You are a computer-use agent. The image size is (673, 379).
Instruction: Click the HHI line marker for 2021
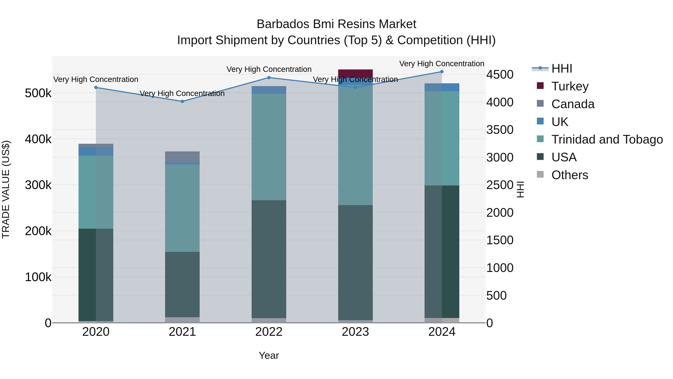(182, 101)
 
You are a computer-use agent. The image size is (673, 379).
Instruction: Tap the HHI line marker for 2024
(442, 72)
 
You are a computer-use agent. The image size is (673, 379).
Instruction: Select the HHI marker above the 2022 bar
(269, 78)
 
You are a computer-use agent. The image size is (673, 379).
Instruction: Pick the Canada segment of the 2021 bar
(182, 156)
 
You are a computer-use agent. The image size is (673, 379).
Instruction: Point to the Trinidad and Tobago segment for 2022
(269, 147)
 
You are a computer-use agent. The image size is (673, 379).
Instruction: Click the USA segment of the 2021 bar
(182, 284)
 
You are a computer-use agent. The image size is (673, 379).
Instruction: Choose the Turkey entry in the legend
(570, 86)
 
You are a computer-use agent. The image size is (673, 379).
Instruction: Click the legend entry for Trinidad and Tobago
(607, 139)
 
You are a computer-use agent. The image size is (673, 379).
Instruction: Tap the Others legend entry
(570, 175)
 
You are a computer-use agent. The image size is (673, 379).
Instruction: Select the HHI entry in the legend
(562, 69)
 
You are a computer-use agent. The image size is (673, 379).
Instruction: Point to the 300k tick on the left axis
(38, 185)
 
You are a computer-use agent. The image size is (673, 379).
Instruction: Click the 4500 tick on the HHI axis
(500, 74)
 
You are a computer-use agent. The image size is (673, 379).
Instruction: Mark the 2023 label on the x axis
(355, 332)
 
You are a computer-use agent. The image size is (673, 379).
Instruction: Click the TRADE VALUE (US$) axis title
(6, 189)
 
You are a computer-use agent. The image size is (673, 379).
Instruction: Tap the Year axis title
(269, 355)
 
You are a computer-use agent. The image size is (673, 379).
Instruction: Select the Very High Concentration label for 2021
(182, 93)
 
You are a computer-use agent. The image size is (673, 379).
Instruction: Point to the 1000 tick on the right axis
(500, 268)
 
